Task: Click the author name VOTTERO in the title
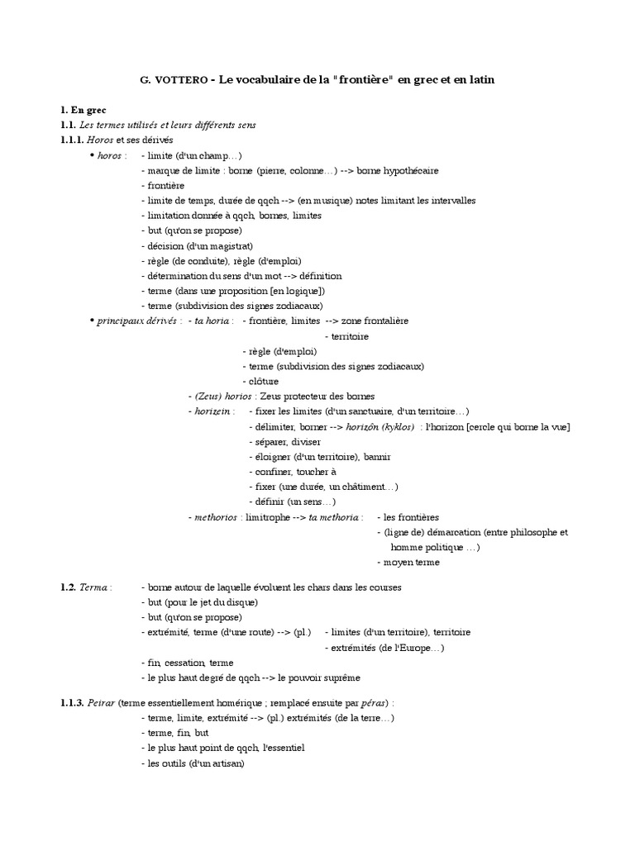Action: (x=183, y=80)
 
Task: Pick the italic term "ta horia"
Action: (x=212, y=321)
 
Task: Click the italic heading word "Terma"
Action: (x=92, y=587)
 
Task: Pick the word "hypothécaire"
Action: (x=408, y=170)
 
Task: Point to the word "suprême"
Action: (x=343, y=677)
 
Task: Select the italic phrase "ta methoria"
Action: (x=335, y=517)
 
